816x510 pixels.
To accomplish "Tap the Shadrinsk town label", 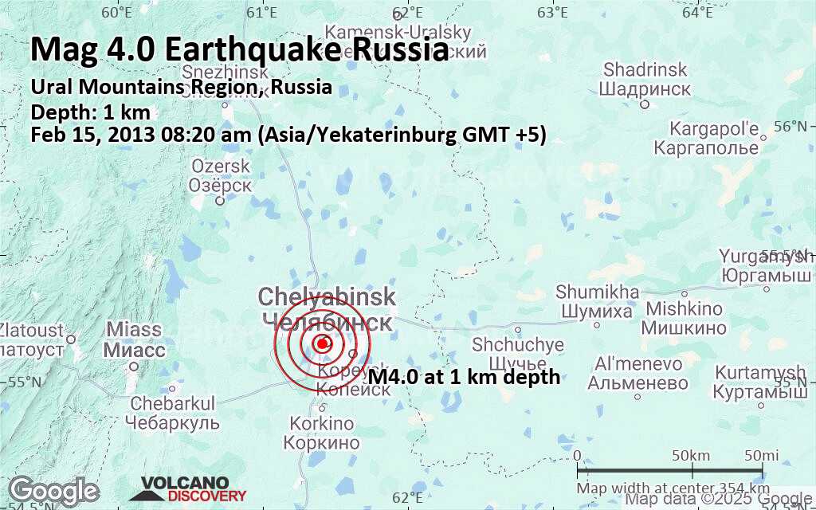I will (645, 79).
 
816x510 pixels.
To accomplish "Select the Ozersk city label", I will (221, 175).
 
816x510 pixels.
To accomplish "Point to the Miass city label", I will (134, 339).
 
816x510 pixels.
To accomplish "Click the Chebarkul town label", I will (173, 412).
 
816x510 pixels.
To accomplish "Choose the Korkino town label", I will (322, 433).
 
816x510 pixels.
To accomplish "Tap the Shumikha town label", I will (598, 301).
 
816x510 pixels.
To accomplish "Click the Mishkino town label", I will (685, 318).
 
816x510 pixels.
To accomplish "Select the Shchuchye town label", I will (518, 354).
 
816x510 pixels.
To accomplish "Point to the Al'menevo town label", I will (638, 373).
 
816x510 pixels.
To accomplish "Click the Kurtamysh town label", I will (760, 382).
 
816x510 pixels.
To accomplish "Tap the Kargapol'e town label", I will (706, 138).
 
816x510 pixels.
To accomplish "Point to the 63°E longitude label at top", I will (552, 13).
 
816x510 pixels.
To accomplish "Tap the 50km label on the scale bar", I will (690, 455).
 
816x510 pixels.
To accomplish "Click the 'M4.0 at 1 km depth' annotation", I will (464, 378).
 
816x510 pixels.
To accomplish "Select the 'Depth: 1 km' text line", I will (90, 112).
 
